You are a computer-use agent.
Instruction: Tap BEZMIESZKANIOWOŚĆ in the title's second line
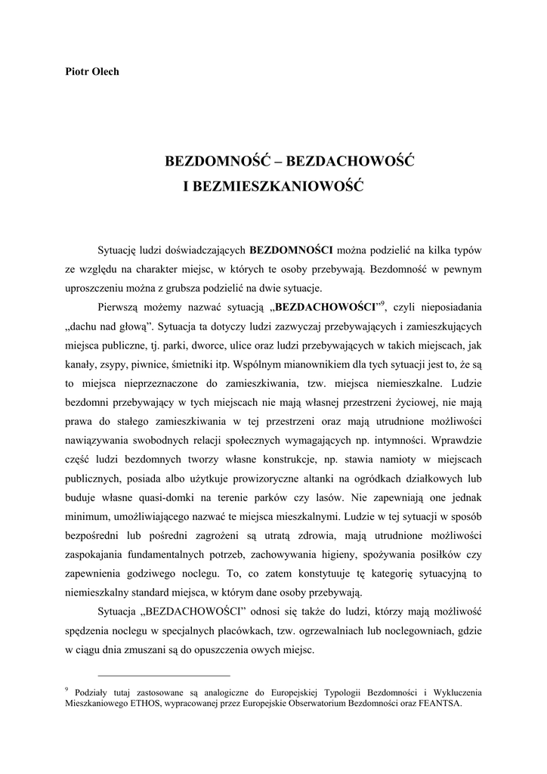click(x=273, y=184)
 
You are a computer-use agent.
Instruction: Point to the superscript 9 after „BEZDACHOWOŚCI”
click(x=383, y=303)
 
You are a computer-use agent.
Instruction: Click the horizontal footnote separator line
click(x=164, y=675)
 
